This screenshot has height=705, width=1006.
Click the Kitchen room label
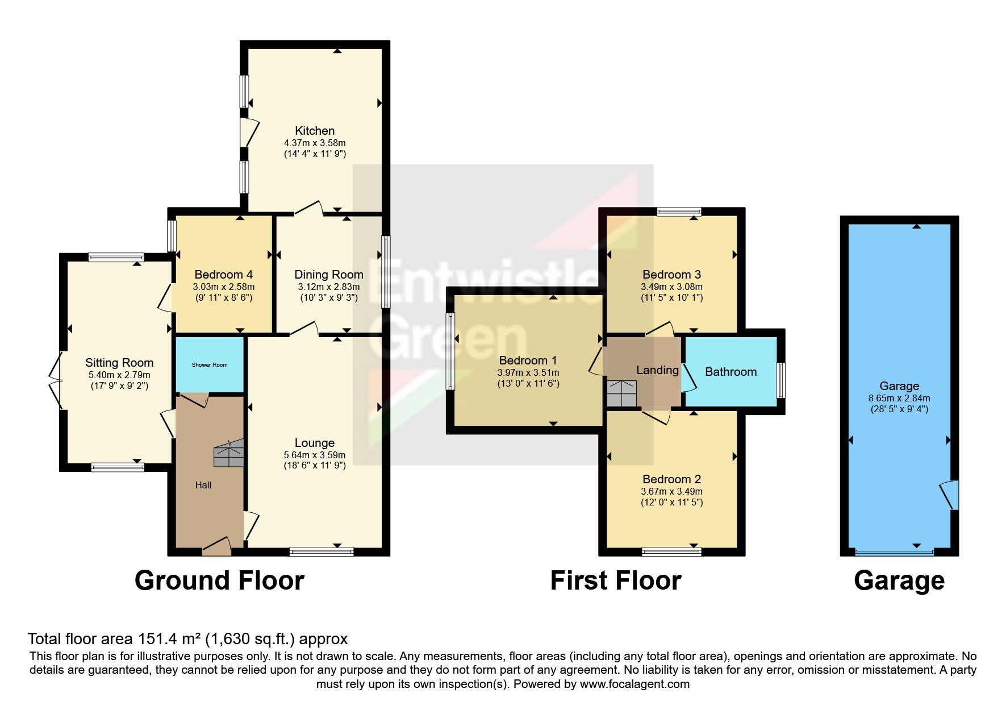pyautogui.click(x=315, y=131)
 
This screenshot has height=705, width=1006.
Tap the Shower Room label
pyautogui.click(x=210, y=365)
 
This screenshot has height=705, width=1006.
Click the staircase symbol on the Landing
pyautogui.click(x=622, y=393)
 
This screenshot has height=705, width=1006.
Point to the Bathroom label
pyautogui.click(x=731, y=372)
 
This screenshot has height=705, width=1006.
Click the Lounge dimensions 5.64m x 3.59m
pyautogui.click(x=315, y=455)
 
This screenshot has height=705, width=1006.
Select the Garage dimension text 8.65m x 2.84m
pyautogui.click(x=899, y=399)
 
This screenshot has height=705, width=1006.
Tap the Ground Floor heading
pyautogui.click(x=219, y=581)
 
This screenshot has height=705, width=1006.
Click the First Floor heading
pyautogui.click(x=616, y=581)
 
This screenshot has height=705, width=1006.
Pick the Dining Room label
pyautogui.click(x=329, y=275)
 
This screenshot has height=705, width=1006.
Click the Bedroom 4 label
pyautogui.click(x=224, y=275)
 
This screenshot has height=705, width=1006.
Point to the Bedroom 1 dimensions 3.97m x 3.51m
pyautogui.click(x=528, y=373)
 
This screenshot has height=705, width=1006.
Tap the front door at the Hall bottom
pyautogui.click(x=217, y=546)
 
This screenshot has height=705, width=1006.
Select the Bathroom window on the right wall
pyautogui.click(x=781, y=380)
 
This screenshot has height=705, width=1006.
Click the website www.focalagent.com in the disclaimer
pyautogui.click(x=635, y=684)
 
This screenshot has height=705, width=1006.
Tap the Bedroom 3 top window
pyautogui.click(x=679, y=212)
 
